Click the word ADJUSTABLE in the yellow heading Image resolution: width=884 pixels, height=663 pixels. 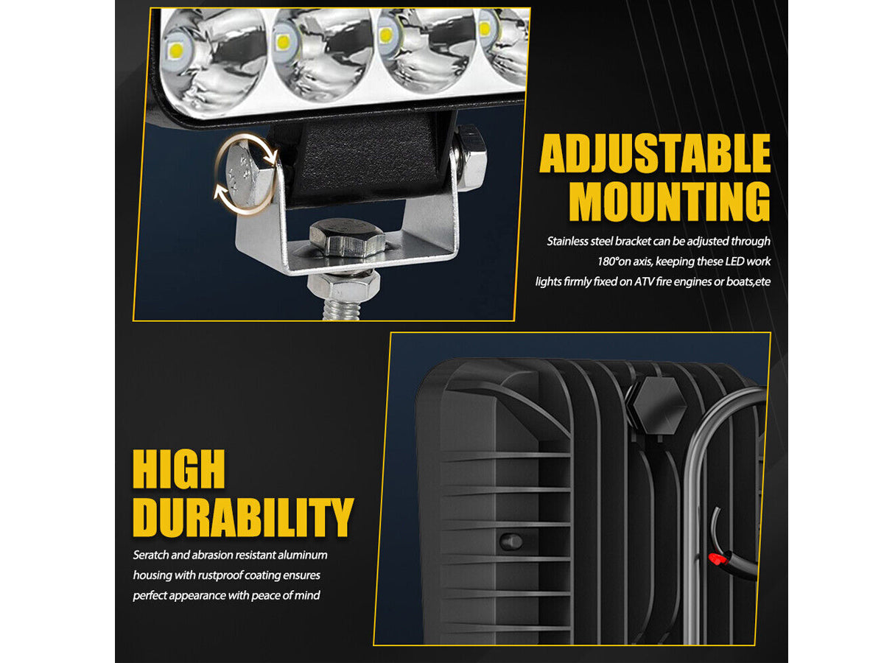point(655,153)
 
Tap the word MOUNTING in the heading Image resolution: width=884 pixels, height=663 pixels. point(670,201)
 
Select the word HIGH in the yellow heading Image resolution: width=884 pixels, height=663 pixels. point(179,469)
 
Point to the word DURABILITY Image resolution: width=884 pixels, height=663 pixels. point(243,517)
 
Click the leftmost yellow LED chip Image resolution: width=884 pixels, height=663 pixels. point(176,49)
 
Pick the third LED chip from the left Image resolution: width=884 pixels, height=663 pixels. point(386,35)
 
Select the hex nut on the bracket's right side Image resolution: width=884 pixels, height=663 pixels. point(469,158)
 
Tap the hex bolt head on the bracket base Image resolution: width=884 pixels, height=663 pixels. point(347,237)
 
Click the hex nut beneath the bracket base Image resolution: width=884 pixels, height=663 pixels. point(343,284)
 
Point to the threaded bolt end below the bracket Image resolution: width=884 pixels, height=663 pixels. point(342,310)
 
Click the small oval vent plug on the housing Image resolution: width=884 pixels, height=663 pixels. point(511,541)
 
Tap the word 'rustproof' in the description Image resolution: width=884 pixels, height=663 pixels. point(220,575)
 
